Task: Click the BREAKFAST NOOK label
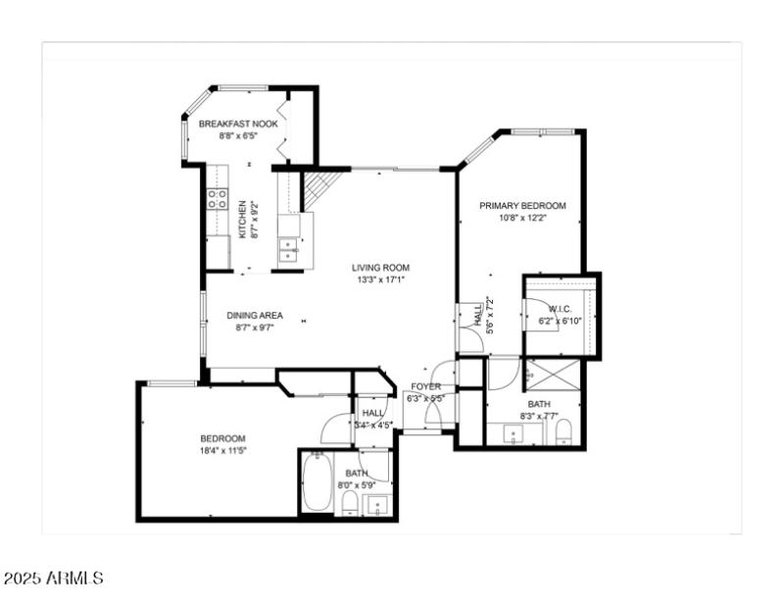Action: click(238, 125)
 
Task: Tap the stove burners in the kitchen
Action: click(217, 199)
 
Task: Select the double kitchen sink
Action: click(289, 246)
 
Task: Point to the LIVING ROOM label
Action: click(381, 267)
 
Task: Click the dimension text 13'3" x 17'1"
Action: click(381, 279)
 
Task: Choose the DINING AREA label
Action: click(255, 315)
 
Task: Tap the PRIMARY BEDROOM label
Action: click(522, 206)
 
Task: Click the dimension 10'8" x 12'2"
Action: click(522, 218)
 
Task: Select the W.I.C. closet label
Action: click(560, 308)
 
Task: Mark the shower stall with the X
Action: click(553, 375)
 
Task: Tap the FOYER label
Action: click(425, 386)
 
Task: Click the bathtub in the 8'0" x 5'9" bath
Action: click(316, 483)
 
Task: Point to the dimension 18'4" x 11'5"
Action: click(223, 451)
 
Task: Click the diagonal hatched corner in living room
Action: click(319, 187)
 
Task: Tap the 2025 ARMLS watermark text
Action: click(53, 579)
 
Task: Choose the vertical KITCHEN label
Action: click(242, 220)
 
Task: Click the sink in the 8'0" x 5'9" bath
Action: click(376, 506)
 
